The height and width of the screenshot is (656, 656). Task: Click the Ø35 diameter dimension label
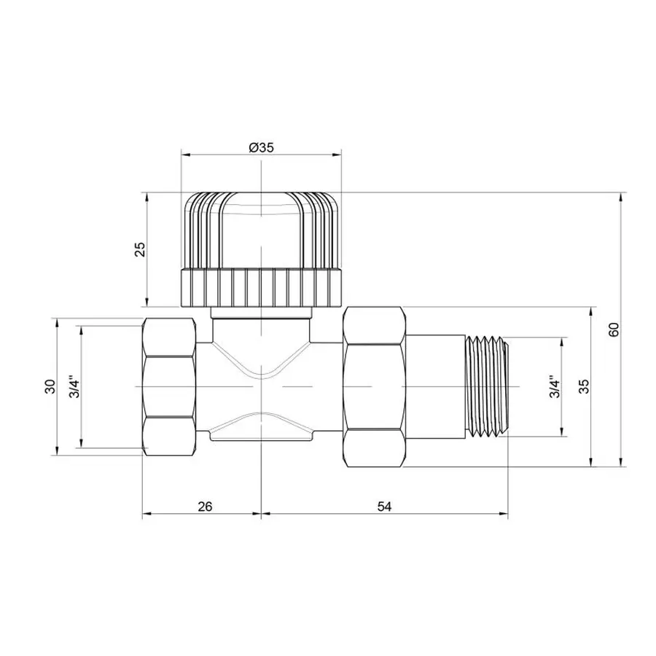(x=260, y=147)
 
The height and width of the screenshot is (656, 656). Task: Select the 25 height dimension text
(x=141, y=249)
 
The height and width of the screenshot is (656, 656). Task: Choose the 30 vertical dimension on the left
(x=49, y=386)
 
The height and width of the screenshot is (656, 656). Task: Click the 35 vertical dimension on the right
(x=583, y=387)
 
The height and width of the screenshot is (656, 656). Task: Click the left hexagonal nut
(x=169, y=386)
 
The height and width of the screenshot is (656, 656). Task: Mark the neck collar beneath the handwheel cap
(x=260, y=313)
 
